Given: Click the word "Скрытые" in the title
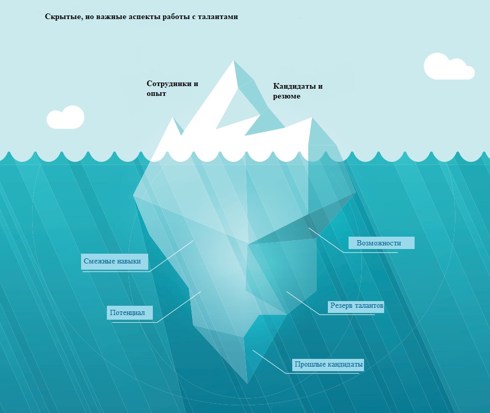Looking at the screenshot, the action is pyautogui.click(x=60, y=16).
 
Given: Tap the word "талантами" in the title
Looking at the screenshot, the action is pyautogui.click(x=218, y=16).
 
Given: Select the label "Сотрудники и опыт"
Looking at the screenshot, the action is pyautogui.click(x=172, y=88).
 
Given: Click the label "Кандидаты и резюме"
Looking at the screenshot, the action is pyautogui.click(x=297, y=91).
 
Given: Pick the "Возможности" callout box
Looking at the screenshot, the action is pyautogui.click(x=382, y=243).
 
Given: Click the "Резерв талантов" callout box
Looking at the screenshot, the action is pyautogui.click(x=356, y=306).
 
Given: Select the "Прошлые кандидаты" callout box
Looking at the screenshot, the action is pyautogui.click(x=328, y=365).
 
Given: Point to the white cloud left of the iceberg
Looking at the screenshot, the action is pyautogui.click(x=66, y=118).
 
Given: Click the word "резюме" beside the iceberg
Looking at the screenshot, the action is pyautogui.click(x=287, y=96).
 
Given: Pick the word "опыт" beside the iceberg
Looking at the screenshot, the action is pyautogui.click(x=156, y=93).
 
